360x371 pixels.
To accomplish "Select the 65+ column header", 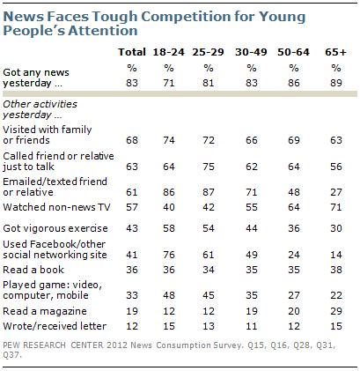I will coord(335,54).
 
